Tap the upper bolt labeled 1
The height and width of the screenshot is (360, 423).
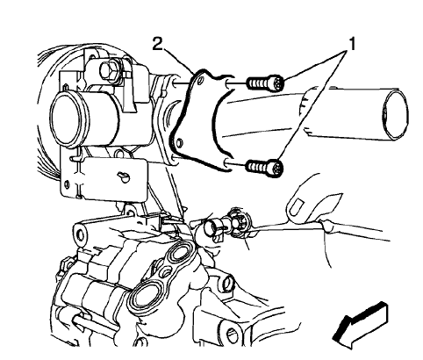[x=263, y=84]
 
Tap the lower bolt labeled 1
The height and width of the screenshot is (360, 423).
[x=263, y=165]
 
